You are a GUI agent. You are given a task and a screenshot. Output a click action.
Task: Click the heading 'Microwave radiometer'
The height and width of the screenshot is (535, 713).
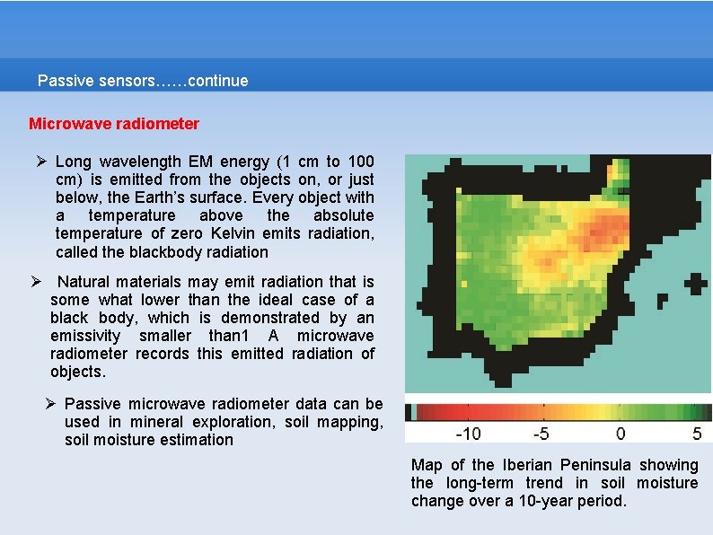click(114, 123)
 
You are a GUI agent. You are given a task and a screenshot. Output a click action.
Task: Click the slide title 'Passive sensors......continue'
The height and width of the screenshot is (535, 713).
click(143, 81)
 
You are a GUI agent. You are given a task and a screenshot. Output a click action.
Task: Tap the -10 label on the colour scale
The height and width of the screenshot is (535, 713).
click(468, 434)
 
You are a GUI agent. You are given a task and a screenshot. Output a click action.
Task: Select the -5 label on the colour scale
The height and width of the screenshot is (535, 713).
click(541, 434)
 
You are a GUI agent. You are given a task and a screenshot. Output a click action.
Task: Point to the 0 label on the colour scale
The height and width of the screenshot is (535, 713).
click(621, 434)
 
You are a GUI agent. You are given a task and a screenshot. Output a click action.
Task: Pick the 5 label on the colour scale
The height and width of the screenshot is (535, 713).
click(697, 434)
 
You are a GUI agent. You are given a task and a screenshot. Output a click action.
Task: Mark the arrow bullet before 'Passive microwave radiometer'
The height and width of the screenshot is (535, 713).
click(51, 404)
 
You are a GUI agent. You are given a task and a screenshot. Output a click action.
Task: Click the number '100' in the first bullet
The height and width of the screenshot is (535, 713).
click(361, 162)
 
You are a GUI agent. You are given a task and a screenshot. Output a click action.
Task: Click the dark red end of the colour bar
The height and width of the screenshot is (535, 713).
click(420, 413)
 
